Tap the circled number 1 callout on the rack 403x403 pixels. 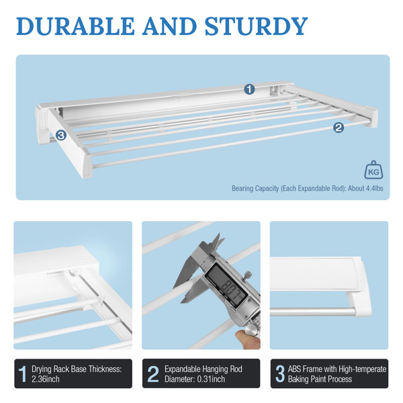pos(249,89)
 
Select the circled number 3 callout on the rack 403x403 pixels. pos(61,135)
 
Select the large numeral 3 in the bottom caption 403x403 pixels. pos(280,375)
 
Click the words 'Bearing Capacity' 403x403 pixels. pos(253,189)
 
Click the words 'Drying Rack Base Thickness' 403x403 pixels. pos(73,369)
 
